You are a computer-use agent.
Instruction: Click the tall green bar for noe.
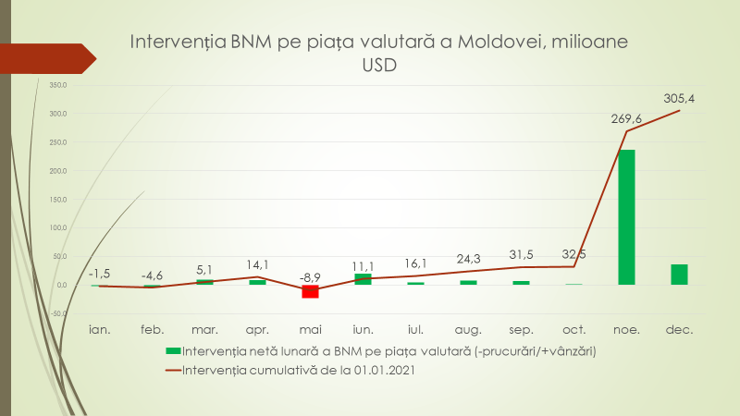point(627,217)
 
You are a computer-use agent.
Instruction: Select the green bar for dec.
point(680,275)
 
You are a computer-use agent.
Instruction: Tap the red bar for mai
point(310,291)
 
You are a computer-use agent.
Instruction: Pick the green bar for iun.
point(363,279)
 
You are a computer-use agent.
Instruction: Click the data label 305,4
point(680,97)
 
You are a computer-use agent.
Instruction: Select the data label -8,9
point(310,275)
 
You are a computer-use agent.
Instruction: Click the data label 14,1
point(257,263)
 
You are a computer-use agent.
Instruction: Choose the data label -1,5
point(99,274)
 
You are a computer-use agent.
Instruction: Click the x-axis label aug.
point(469,327)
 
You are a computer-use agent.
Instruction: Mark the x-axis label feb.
point(152,327)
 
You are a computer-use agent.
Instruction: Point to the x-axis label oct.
point(574,327)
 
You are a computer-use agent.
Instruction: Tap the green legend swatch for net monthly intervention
point(171,351)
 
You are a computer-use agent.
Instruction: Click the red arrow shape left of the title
point(46,58)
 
